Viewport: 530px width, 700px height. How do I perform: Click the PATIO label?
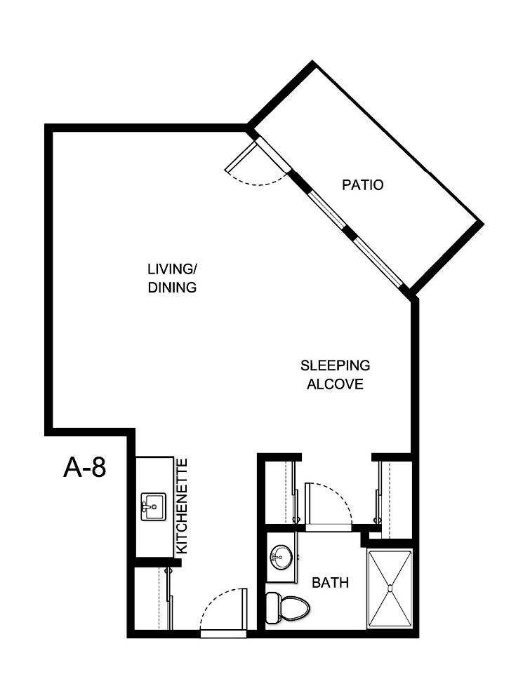(x=362, y=186)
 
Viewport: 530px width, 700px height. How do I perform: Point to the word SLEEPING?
(x=335, y=365)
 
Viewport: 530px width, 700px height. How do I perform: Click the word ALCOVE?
(x=335, y=384)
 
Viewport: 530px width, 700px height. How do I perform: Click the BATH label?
(x=330, y=583)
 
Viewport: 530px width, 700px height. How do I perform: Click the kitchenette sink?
(x=152, y=506)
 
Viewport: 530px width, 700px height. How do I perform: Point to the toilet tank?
(x=272, y=607)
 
